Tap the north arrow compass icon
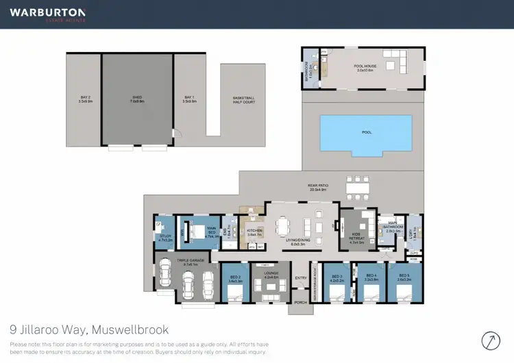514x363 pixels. click(491, 340)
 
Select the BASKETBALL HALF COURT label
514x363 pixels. click(243, 99)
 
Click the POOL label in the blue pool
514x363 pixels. click(367, 133)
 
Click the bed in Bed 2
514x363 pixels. click(234, 293)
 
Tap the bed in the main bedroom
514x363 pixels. click(195, 227)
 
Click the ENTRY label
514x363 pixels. click(301, 277)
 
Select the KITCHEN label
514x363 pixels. click(255, 231)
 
